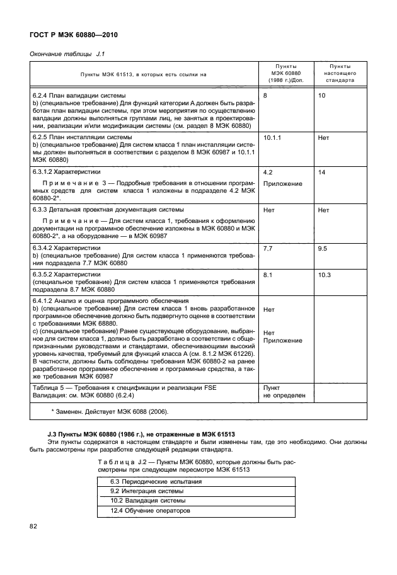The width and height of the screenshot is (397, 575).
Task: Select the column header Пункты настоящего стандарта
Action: point(340,73)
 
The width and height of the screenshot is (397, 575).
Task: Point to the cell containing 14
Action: point(322,171)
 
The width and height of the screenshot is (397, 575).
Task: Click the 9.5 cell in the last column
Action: point(323,249)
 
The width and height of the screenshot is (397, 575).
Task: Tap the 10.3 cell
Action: point(325,275)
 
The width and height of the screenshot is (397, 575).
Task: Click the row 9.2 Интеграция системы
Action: point(146,491)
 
